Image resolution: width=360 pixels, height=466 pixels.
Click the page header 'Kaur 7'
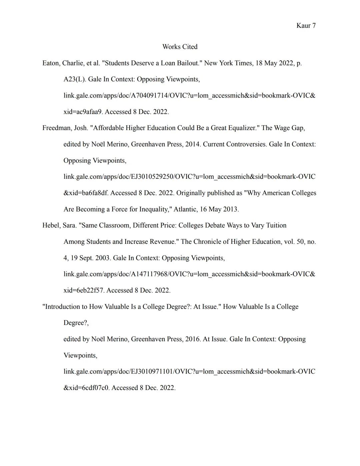click(306, 26)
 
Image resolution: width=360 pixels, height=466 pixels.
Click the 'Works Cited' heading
click(180, 47)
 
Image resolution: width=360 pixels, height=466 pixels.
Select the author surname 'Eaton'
click(51, 63)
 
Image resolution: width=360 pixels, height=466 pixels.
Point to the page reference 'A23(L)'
click(74, 79)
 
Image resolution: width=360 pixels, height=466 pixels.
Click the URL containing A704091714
click(189, 96)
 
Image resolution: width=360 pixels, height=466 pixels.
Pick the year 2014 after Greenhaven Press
click(192, 144)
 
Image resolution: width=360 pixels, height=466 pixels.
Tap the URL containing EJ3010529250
click(189, 177)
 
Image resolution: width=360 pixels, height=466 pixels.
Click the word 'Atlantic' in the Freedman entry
click(185, 209)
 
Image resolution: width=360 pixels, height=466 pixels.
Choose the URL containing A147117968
click(189, 274)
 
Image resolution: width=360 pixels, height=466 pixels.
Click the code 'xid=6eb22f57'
click(83, 291)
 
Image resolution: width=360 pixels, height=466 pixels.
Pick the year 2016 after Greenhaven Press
click(192, 339)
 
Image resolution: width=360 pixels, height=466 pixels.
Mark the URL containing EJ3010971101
click(189, 372)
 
